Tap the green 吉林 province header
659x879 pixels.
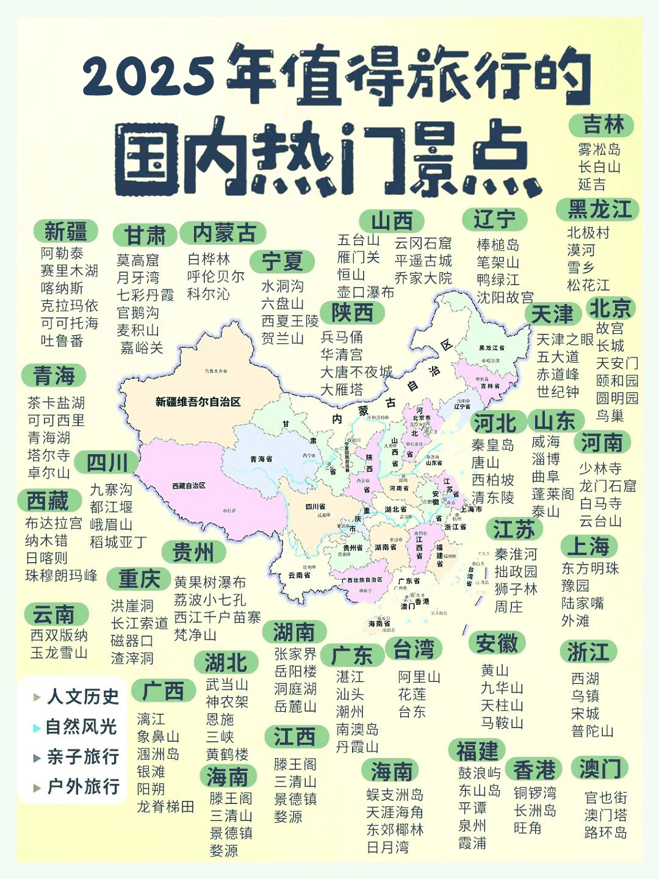[x=602, y=125]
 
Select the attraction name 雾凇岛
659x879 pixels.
[x=599, y=150]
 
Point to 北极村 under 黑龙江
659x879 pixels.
[x=588, y=233]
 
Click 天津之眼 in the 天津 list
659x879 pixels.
[x=564, y=339]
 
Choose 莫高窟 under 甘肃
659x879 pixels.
[x=138, y=261]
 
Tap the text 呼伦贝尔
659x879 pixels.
[x=215, y=277]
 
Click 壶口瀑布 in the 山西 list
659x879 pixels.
[x=366, y=292]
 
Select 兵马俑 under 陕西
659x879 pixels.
[x=342, y=337]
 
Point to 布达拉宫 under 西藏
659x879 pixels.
[x=53, y=523]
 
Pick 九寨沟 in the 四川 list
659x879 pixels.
[x=111, y=490]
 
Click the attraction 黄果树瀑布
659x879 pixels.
[x=210, y=582]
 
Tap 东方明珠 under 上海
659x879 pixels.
[x=590, y=568]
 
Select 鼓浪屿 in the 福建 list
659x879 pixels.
[x=479, y=773]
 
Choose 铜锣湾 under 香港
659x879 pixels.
[x=535, y=793]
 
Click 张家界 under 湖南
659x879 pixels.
[x=295, y=654]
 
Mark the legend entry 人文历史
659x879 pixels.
[x=82, y=696]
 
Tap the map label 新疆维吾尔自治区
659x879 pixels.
[x=198, y=402]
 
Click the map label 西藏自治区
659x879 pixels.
[x=189, y=486]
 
